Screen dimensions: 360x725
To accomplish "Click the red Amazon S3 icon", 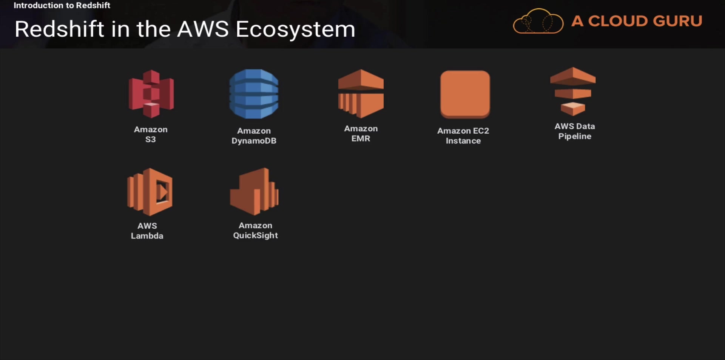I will coord(151,94).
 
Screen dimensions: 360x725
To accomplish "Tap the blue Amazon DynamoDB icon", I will coord(254,94).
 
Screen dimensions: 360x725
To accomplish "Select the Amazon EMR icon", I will coord(361,93).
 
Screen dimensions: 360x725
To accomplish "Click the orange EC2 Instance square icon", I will coord(465,94).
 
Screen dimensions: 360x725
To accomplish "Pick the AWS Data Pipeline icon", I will coord(573,91).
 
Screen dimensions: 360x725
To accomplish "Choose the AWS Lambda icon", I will coord(150,192).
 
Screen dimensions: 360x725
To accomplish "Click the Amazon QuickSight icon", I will coord(254,191).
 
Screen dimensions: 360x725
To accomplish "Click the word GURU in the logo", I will coord(678,21).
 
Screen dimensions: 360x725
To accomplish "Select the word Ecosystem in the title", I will coord(295,29).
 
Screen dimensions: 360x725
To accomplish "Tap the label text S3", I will coord(150,139).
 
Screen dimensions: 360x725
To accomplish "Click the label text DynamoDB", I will coord(254,141).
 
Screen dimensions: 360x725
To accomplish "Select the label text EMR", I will coord(361,138).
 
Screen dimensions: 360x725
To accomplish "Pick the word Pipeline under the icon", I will coord(575,136).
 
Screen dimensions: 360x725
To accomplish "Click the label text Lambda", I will coord(147,236).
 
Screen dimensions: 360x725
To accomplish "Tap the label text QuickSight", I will coord(255,235).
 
